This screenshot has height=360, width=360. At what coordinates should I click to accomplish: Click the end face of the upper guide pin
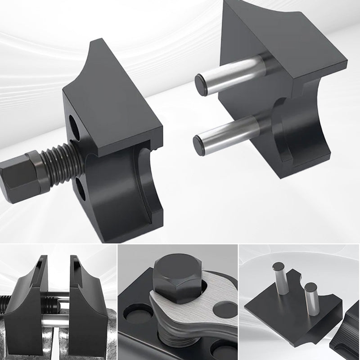(201, 85)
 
